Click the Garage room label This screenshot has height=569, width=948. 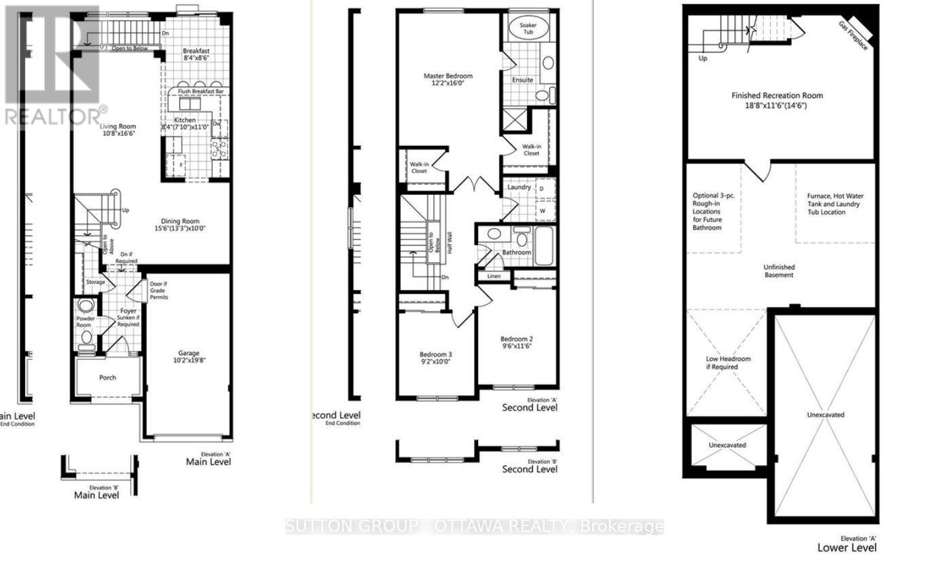pyautogui.click(x=189, y=353)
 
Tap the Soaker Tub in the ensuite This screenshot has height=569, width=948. pyautogui.click(x=528, y=28)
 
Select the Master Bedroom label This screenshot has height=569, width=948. pyautogui.click(x=448, y=76)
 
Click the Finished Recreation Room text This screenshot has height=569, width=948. pyautogui.click(x=778, y=96)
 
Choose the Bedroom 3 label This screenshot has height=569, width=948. pyautogui.click(x=435, y=354)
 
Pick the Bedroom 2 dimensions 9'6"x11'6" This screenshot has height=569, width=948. pyautogui.click(x=517, y=346)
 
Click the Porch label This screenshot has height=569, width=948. pyautogui.click(x=108, y=378)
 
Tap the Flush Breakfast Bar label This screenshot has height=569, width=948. pyautogui.click(x=201, y=91)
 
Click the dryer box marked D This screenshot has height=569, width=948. pyautogui.click(x=543, y=189)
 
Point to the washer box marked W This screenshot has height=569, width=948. pyautogui.click(x=543, y=211)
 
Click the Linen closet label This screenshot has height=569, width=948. pyautogui.click(x=494, y=276)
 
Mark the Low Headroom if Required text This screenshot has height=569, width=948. pyautogui.click(x=727, y=363)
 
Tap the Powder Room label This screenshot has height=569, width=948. pyautogui.click(x=86, y=321)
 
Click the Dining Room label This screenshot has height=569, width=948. pyautogui.click(x=180, y=220)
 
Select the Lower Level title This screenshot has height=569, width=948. pyautogui.click(x=847, y=547)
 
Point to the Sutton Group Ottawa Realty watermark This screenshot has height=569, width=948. pyautogui.click(x=474, y=526)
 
